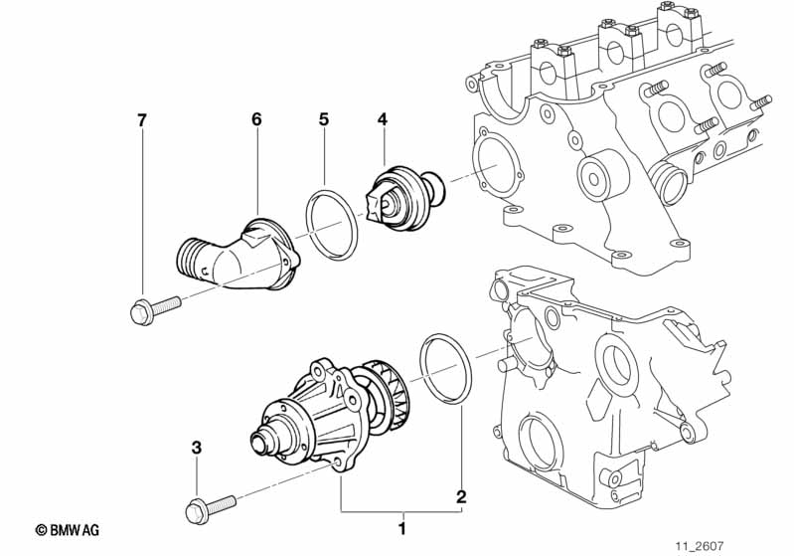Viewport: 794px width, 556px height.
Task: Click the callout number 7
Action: click(141, 120)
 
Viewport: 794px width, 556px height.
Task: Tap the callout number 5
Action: click(323, 120)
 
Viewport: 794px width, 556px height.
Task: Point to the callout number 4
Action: click(382, 120)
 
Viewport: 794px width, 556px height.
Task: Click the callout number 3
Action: click(196, 449)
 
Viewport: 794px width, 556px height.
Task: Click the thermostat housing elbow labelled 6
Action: click(248, 257)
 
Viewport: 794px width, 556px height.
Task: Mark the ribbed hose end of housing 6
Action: click(195, 261)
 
